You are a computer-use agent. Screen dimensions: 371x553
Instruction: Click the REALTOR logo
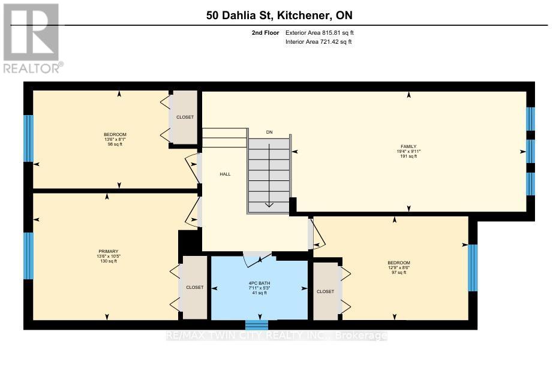click(x=31, y=38)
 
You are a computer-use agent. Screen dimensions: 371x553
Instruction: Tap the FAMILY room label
click(x=408, y=146)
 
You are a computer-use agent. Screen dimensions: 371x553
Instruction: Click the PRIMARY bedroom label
click(x=109, y=251)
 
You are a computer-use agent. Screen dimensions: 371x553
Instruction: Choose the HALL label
click(x=224, y=174)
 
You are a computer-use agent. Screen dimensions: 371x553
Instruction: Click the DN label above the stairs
click(x=269, y=132)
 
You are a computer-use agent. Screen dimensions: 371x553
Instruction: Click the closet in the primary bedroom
click(x=194, y=288)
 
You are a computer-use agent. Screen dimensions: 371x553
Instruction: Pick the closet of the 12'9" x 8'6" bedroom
click(x=325, y=292)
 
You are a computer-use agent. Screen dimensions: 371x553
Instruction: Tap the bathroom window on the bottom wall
click(x=257, y=325)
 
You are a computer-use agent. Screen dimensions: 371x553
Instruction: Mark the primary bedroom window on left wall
click(x=28, y=256)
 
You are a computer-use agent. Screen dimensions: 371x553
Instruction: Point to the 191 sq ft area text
click(x=408, y=156)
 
